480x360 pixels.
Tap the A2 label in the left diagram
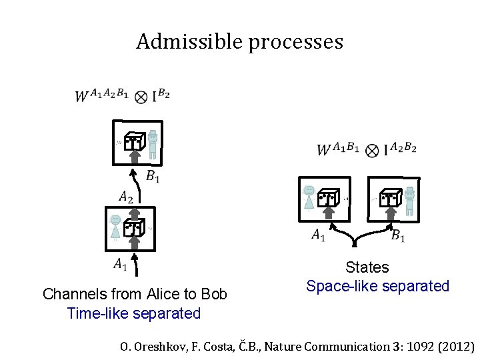pyautogui.click(x=126, y=197)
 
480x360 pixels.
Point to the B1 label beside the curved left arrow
pyautogui.click(x=153, y=177)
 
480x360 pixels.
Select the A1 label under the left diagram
pyautogui.click(x=121, y=265)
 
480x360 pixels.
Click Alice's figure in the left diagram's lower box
pyautogui.click(x=117, y=227)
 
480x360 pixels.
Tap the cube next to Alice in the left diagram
pyautogui.click(x=134, y=227)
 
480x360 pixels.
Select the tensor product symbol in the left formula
pyautogui.click(x=141, y=97)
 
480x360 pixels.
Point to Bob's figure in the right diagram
pyautogui.click(x=409, y=200)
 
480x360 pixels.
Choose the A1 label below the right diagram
pyautogui.click(x=319, y=235)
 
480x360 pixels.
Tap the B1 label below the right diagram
pyautogui.click(x=398, y=235)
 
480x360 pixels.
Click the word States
pyautogui.click(x=367, y=267)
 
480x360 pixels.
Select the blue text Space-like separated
pyautogui.click(x=377, y=286)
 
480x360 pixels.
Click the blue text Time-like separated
pyautogui.click(x=134, y=313)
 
